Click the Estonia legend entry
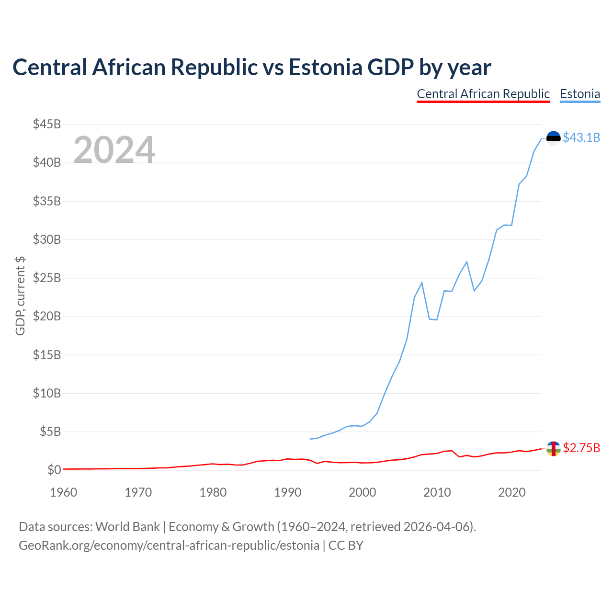580,94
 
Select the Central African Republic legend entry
483,94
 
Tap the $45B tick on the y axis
47,125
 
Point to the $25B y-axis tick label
47,278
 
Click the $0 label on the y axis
54,470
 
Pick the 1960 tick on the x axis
64,492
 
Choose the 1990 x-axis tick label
287,492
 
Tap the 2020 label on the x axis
511,492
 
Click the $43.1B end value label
581,138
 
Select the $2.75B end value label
581,448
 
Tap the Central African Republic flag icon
554,449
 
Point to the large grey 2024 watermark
114,150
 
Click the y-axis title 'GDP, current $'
20,296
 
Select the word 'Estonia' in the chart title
325,67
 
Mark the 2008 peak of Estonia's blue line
422,283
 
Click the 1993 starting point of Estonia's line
310,439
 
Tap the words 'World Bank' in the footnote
127,527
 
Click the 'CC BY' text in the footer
346,545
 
